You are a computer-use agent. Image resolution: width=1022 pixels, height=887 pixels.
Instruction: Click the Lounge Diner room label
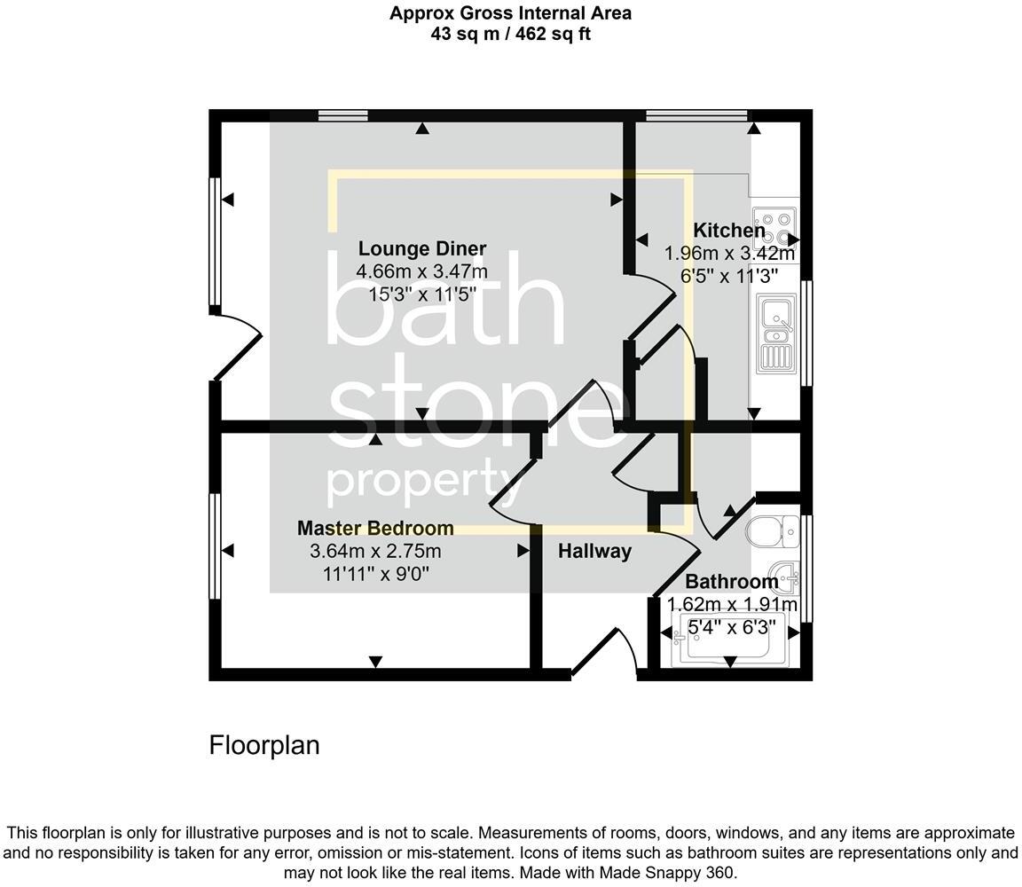click(x=421, y=249)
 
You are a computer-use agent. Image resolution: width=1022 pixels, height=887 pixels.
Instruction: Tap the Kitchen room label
click(x=729, y=231)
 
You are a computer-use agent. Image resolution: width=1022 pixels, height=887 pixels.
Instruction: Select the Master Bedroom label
click(x=375, y=529)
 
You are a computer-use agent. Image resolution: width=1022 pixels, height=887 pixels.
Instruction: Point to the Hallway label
click(x=594, y=552)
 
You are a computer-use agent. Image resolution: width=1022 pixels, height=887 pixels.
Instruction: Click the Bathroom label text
click(x=732, y=583)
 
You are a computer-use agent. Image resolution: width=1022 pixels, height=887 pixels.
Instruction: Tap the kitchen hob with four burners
click(x=774, y=226)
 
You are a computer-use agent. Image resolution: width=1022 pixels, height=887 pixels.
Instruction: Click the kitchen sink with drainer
click(x=775, y=334)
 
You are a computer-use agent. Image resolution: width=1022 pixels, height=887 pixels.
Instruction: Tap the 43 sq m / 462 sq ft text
click(x=510, y=35)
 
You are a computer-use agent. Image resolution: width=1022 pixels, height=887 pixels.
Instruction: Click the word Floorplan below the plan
click(x=264, y=745)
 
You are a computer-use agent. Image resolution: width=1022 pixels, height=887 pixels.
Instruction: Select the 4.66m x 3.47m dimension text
click(x=421, y=271)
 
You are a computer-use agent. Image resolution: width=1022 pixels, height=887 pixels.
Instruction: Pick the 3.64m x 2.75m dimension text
click(x=375, y=552)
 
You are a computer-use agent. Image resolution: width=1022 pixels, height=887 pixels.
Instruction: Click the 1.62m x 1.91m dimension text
click(x=732, y=605)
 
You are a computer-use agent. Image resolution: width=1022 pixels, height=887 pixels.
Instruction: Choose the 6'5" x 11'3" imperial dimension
click(x=729, y=276)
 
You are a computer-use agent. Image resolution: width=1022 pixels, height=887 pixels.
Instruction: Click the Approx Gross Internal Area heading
click(x=510, y=13)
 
